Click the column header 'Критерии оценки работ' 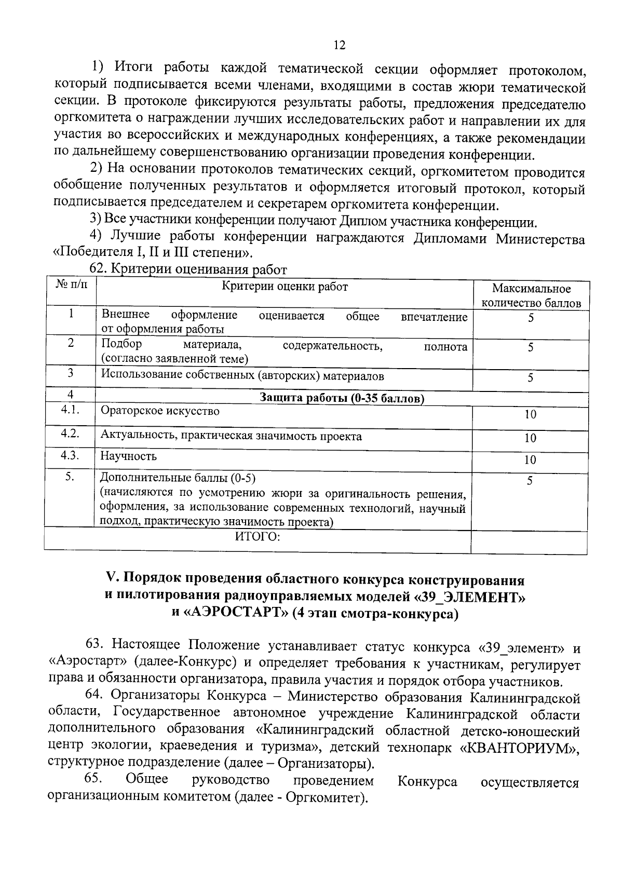(285, 287)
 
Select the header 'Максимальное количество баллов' (531, 296)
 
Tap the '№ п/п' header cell (70, 285)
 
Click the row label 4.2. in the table (70, 434)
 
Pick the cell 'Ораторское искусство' (160, 411)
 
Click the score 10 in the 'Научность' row (530, 460)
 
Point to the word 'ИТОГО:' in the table (258, 536)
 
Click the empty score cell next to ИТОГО (530, 541)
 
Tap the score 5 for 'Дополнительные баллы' (530, 481)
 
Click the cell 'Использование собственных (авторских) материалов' (242, 375)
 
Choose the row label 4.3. (70, 456)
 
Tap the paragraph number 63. (95, 646)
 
